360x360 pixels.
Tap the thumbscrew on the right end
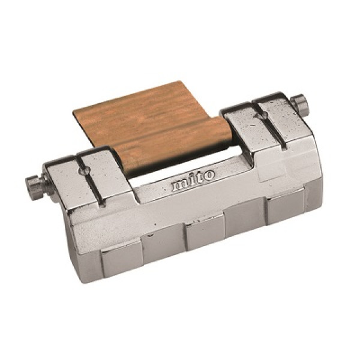299,104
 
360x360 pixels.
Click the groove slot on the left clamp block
90,181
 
